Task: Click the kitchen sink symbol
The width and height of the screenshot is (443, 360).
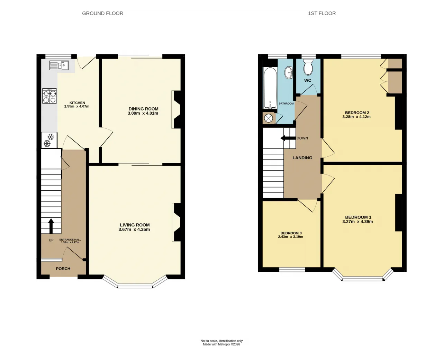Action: tap(59, 65)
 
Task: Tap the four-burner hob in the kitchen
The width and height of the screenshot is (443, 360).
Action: tap(49, 96)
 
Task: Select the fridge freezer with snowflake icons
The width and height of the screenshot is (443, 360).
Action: tap(49, 140)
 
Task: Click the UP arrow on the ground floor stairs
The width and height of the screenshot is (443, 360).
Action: tap(51, 226)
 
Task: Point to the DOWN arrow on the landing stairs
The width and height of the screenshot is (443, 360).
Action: tap(288, 138)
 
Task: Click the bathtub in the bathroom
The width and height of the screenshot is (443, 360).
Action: tap(270, 88)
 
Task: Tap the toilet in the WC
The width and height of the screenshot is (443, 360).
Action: tap(308, 67)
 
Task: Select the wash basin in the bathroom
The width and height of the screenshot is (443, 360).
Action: tap(289, 73)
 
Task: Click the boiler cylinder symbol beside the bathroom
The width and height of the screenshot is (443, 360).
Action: tap(268, 118)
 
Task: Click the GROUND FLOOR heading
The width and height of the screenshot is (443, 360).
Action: tap(102, 13)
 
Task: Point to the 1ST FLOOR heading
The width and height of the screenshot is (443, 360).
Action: tap(322, 13)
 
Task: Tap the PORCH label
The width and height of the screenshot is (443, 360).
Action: tap(63, 269)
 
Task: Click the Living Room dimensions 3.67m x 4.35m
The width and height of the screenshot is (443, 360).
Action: tap(134, 229)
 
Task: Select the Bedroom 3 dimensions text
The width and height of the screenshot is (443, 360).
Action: tap(290, 237)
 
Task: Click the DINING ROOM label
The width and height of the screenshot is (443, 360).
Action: tap(143, 109)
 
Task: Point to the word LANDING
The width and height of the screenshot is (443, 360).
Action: tap(302, 158)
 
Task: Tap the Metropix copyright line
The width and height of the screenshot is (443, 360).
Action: tap(221, 344)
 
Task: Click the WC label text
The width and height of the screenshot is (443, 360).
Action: tap(308, 81)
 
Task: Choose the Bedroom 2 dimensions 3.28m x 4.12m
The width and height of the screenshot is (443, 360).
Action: tap(356, 117)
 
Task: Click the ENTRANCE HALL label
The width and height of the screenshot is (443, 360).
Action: tap(70, 240)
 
